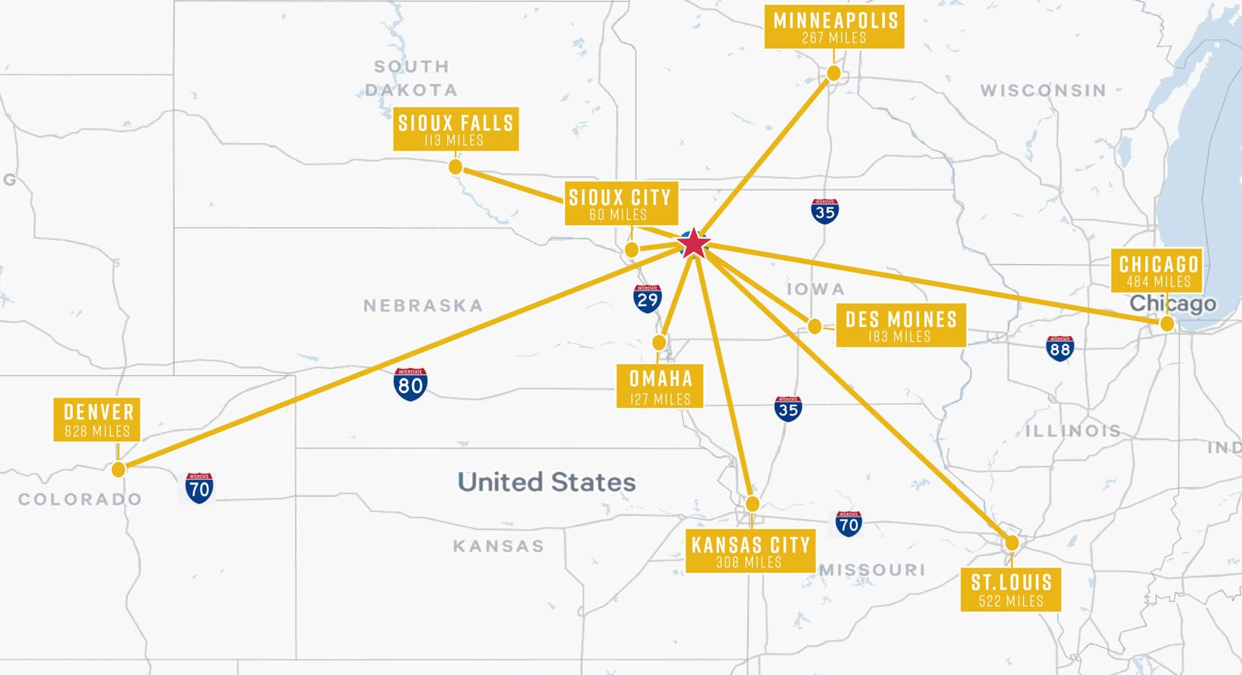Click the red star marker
(693, 244)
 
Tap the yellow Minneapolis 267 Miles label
(834, 27)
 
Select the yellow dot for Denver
(118, 469)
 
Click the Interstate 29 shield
(647, 298)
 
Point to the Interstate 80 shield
(410, 384)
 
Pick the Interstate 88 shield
(1060, 349)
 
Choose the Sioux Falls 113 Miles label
(456, 129)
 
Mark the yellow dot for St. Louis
(1011, 543)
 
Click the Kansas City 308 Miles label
(750, 551)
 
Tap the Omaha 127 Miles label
(660, 386)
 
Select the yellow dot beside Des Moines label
(814, 326)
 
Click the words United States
(546, 482)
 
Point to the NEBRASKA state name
(423, 306)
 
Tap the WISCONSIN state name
(1043, 91)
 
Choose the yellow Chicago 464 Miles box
(1157, 270)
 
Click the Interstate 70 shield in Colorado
(199, 488)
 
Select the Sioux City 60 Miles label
(619, 204)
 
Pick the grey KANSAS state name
(498, 546)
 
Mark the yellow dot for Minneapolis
(834, 73)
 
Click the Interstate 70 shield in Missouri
(848, 524)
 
